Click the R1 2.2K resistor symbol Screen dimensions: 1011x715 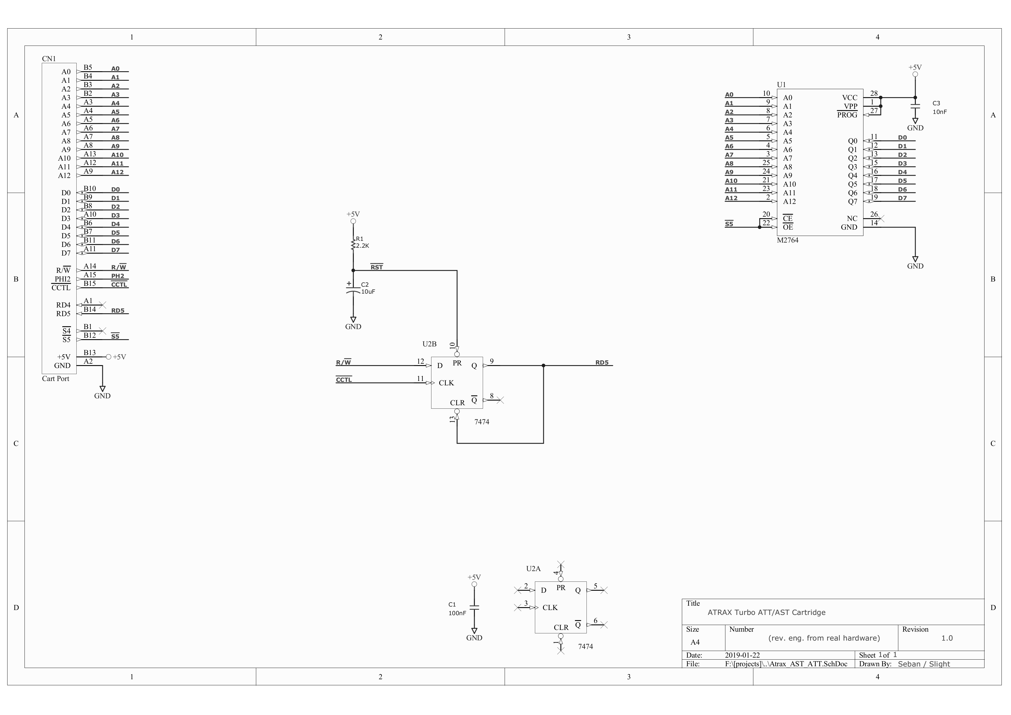coord(353,245)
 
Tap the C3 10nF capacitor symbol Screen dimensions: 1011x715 coord(915,106)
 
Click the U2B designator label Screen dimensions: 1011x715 coord(429,344)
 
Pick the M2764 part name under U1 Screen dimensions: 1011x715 coord(787,240)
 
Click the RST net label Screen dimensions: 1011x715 coord(376,267)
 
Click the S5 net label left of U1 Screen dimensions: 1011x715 coord(729,224)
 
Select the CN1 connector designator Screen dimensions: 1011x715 coord(49,59)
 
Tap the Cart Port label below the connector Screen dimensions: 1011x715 coord(56,378)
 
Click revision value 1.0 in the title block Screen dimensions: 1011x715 coord(947,638)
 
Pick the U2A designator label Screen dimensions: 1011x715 coord(533,569)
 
